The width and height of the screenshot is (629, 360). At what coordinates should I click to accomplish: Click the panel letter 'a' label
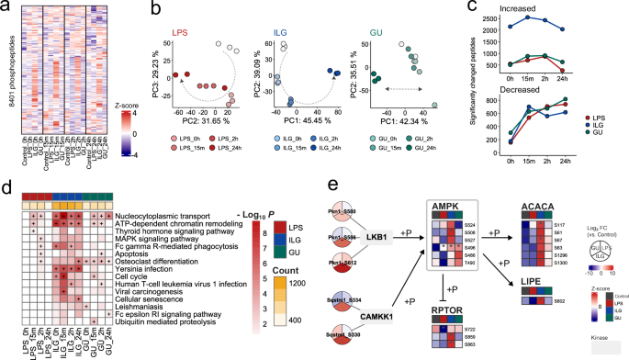coord(7,8)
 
